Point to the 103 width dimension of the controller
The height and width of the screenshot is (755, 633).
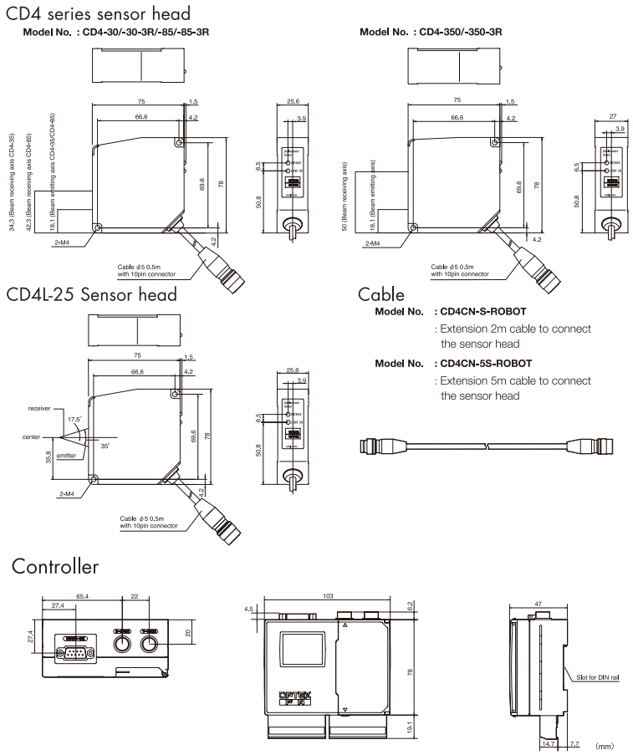pos(328,596)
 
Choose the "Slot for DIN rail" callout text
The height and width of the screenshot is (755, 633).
pos(598,678)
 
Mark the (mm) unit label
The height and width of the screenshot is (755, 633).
pos(604,743)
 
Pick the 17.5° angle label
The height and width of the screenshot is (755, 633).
pos(74,419)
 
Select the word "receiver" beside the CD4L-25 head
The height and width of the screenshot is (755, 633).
pos(39,409)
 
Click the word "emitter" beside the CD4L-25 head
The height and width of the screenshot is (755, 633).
pos(67,456)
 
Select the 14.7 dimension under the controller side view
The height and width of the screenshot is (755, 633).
pos(548,743)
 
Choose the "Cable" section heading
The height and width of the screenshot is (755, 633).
pos(381,294)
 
